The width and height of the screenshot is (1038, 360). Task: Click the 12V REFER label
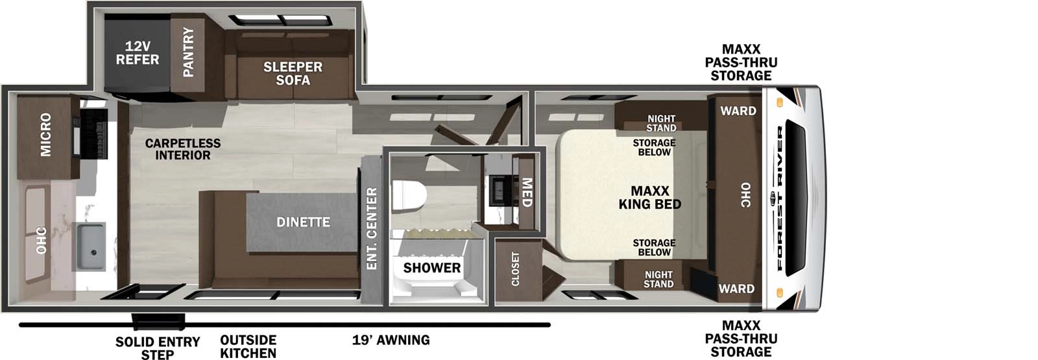pos(137,53)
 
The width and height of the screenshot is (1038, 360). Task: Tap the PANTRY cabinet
pos(188,52)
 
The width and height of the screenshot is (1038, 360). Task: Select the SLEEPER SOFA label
pos(293,73)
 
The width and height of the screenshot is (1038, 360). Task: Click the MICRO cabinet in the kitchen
pos(46,134)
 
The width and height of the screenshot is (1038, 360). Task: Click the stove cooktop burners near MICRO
pos(93,133)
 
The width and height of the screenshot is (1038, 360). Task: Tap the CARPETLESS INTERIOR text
pos(182,149)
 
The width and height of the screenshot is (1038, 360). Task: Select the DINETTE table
pos(302,222)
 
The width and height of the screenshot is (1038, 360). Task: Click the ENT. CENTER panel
pos(372,228)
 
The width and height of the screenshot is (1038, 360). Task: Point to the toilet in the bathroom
pos(408,197)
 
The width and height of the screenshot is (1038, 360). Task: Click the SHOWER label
pos(431,267)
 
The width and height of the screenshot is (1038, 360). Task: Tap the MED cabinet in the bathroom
pos(526,193)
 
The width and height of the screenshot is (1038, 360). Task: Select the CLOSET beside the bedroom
pos(516,269)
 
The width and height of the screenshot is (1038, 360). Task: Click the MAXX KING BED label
pos(649,198)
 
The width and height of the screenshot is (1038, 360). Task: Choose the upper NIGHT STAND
pos(660,123)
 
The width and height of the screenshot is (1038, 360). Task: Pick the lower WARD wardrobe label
pos(736,289)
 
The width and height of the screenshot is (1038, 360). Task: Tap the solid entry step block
pos(158,321)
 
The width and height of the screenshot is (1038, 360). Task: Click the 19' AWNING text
pos(391,339)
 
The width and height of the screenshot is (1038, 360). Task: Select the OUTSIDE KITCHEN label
pos(248,346)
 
